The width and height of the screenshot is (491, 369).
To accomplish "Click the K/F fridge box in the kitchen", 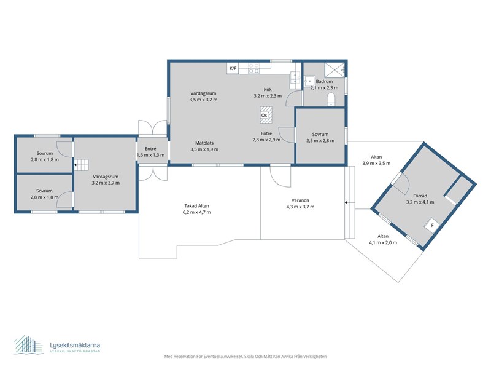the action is coord(233,68).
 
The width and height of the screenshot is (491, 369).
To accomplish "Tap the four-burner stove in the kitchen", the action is coord(253,68).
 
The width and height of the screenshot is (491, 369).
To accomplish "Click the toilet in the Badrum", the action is coord(331,100).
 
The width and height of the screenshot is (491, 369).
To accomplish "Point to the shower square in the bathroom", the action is coord(334,69).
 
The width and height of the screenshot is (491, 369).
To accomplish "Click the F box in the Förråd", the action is coord(433,225).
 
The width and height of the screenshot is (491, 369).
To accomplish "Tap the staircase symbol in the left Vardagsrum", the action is coord(82,164).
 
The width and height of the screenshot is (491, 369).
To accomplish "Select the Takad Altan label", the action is coord(196,206).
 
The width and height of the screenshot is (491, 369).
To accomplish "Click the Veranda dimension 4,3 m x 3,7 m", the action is coord(300,207).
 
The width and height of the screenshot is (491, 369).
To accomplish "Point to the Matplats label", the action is coord(204,143).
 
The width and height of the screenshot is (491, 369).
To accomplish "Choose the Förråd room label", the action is coord(420,196).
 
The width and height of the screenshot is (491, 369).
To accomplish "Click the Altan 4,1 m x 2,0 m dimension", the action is coord(383,242).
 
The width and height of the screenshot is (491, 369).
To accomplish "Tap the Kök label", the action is coord(268,90).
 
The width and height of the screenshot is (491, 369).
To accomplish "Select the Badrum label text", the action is coord(325,82).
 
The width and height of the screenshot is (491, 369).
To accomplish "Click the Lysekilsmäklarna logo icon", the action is coord(29,345).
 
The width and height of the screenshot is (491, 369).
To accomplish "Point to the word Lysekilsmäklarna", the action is coord(75,345).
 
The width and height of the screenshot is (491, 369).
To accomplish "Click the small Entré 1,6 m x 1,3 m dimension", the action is coord(150,155).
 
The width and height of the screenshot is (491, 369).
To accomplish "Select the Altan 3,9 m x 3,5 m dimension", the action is coord(376,163).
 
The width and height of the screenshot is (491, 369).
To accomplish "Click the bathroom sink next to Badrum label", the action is coord(309,81).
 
